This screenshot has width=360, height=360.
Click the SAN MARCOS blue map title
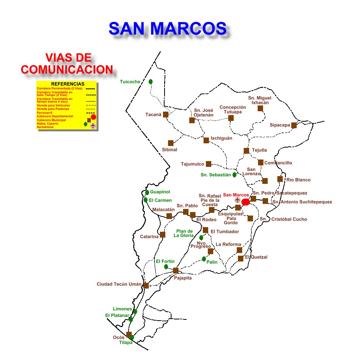(167, 28)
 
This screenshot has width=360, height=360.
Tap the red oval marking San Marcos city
(245, 202)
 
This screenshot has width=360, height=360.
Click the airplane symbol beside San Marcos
(238, 200)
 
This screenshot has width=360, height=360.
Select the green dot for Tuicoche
(151, 82)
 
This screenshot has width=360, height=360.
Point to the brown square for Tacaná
(166, 114)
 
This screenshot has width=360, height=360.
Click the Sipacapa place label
(280, 125)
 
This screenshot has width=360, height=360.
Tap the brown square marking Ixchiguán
(206, 140)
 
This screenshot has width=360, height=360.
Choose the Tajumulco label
(192, 164)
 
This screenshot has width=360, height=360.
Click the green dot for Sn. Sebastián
(234, 175)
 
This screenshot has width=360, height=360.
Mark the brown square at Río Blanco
(280, 179)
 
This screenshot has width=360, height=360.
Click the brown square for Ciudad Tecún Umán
(146, 285)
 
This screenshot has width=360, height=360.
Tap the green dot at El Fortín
(166, 267)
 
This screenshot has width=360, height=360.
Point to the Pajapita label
(183, 278)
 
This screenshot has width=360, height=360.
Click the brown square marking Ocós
(129, 335)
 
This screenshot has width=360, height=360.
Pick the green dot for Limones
(135, 311)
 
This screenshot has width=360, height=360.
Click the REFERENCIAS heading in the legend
(68, 84)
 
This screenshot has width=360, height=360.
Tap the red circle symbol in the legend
(93, 117)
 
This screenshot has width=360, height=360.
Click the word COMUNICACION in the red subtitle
(67, 70)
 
